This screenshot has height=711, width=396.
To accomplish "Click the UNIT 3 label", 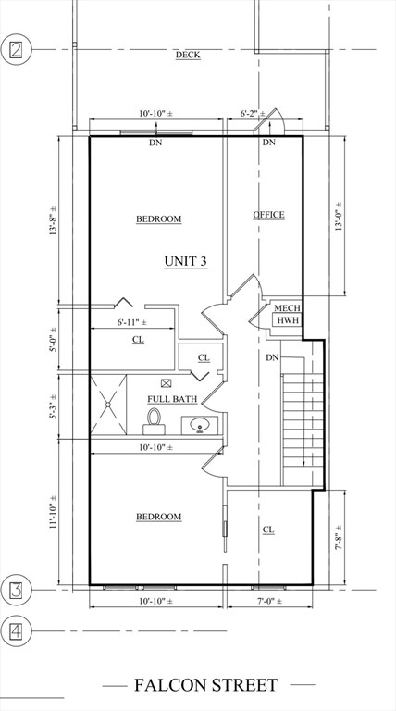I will pos(185,261).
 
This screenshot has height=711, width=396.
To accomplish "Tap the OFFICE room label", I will pos(269,215).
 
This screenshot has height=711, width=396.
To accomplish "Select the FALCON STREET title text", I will pos(205,685).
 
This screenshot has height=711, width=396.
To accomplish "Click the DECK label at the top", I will pos(188,55).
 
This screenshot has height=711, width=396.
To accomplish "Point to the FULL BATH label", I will pos(173,399).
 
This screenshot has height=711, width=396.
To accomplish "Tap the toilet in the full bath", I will pos(155,421).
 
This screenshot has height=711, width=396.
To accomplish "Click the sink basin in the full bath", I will pos(199,427).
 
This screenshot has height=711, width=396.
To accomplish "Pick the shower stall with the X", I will pos(108,405).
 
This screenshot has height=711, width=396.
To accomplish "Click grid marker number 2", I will pos(16,48).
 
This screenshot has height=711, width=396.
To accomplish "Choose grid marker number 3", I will pos(16,589).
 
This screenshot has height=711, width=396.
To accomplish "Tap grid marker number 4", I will pos(16,632).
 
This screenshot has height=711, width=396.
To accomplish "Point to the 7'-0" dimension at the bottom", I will pos(268,602).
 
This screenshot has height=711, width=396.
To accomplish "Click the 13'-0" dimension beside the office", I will pos(339,216).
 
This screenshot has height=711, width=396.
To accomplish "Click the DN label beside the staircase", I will pos(273,357).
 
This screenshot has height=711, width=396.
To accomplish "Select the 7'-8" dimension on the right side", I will pos(339,536).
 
